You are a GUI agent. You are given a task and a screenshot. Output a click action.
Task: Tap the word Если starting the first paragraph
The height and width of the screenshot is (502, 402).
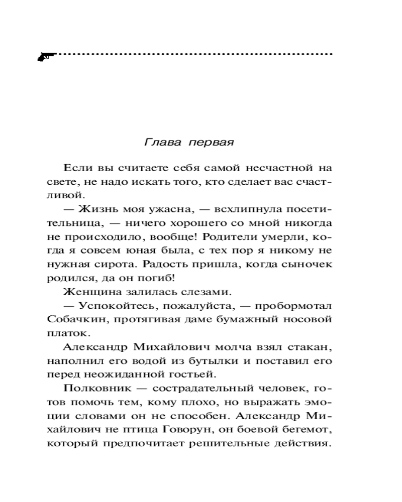click(76, 167)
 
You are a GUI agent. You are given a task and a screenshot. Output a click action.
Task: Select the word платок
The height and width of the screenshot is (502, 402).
click(61, 332)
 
